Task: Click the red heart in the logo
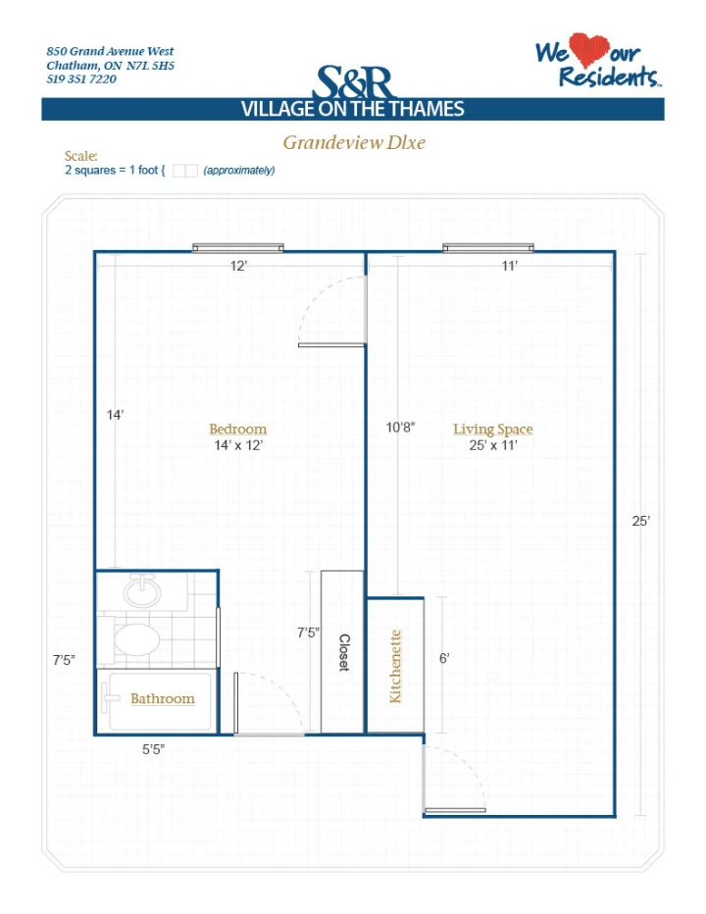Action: point(588,50)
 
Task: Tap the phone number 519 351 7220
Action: point(81,79)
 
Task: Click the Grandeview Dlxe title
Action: point(354,142)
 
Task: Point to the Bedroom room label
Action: point(238,429)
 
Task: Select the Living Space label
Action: point(493,430)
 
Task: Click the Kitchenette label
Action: point(395,666)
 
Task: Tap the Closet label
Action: point(344,653)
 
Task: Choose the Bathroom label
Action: point(162,698)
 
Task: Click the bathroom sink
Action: point(141,591)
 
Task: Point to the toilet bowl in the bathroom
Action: point(136,639)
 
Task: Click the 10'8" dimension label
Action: point(400,428)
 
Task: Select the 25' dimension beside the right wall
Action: point(640,521)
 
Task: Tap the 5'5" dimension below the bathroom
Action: point(153,749)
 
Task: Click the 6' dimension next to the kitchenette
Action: point(444,658)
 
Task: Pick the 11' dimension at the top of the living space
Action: point(510,266)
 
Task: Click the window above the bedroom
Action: point(238,248)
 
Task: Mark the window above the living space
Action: point(488,248)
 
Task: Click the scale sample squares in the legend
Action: point(185,171)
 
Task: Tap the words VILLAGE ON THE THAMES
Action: point(353,109)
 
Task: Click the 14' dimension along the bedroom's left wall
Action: point(115,415)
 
